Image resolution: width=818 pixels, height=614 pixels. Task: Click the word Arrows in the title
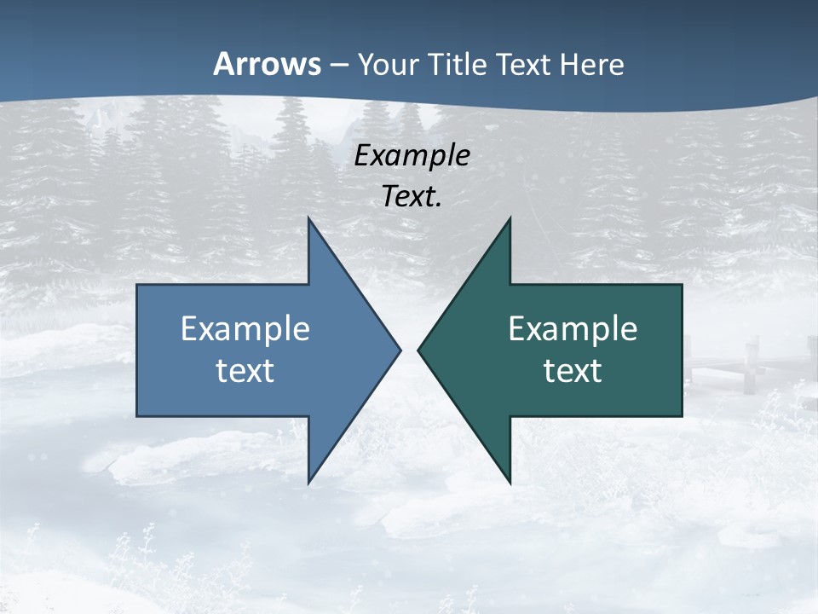click(x=267, y=64)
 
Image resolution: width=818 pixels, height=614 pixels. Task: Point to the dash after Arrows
click(x=338, y=65)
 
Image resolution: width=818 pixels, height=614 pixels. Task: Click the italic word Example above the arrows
click(x=412, y=156)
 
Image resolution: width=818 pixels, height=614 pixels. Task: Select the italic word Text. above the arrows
click(x=412, y=196)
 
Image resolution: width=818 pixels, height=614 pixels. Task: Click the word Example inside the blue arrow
click(x=245, y=328)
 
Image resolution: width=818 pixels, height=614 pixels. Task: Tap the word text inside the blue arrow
click(x=245, y=371)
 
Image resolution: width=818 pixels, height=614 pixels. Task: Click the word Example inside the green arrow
click(x=573, y=328)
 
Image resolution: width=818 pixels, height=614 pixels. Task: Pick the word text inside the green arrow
click(x=573, y=371)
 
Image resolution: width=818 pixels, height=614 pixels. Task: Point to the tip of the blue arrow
click(x=399, y=350)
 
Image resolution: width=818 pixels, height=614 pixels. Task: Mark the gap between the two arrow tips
click(x=409, y=350)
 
